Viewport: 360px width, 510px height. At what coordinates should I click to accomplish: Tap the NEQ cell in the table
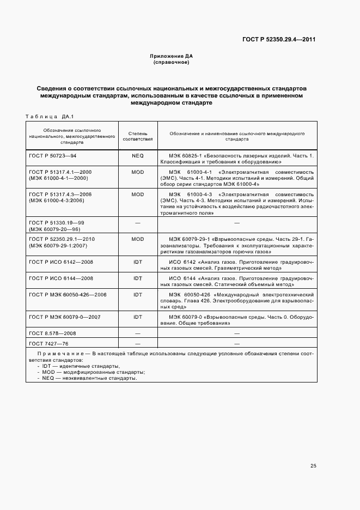[x=137, y=156]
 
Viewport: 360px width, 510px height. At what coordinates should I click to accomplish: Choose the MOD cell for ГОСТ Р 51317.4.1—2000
[x=137, y=172]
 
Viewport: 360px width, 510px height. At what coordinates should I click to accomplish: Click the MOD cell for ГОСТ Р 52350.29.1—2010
[x=137, y=239]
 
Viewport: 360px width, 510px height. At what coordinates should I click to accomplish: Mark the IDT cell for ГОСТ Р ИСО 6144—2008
[x=137, y=278]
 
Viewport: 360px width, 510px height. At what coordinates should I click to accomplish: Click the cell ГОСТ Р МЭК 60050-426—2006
[x=68, y=294]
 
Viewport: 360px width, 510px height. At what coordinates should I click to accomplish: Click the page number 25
[x=313, y=466]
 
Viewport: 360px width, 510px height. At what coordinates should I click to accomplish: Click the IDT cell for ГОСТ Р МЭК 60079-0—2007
[x=137, y=317]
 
